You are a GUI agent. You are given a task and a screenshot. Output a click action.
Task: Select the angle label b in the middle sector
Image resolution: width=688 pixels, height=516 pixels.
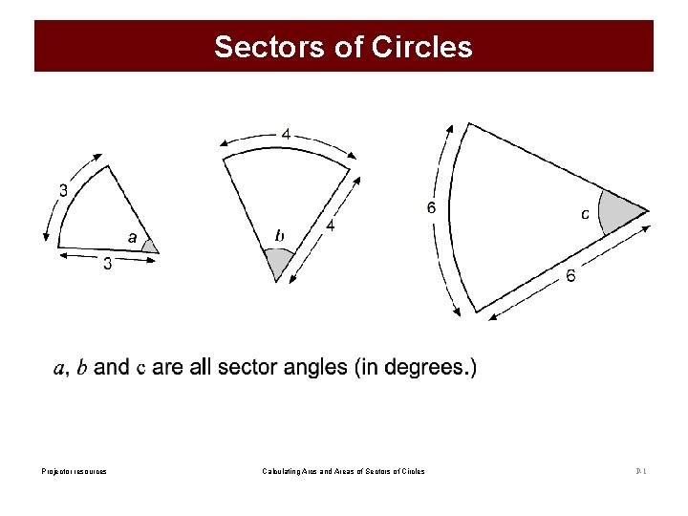(x=280, y=235)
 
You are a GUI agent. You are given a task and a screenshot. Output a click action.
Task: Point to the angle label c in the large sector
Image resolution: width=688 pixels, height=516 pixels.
(x=585, y=214)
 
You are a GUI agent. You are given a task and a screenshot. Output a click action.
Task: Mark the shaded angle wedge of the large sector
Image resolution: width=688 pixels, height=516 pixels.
(x=620, y=213)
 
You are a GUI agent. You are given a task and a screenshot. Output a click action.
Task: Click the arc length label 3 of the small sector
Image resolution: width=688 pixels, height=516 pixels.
(x=63, y=189)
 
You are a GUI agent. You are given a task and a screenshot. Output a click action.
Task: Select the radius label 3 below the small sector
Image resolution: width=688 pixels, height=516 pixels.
(x=107, y=265)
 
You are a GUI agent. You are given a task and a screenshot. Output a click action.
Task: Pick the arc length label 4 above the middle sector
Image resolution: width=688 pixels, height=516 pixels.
(x=286, y=135)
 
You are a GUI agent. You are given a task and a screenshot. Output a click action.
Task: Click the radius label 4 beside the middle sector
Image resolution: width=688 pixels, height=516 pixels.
(x=330, y=226)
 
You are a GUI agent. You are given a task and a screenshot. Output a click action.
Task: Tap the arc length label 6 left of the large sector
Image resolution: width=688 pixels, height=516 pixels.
(x=432, y=207)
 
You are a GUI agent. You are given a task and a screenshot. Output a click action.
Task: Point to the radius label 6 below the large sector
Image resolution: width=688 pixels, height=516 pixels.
(x=570, y=276)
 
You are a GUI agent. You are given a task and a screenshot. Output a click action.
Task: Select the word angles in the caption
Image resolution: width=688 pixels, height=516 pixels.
(x=312, y=367)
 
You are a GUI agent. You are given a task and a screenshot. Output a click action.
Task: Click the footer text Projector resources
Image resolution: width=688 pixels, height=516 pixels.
(x=75, y=471)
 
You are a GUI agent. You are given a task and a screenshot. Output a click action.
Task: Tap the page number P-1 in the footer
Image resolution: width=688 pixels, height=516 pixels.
(x=641, y=471)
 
